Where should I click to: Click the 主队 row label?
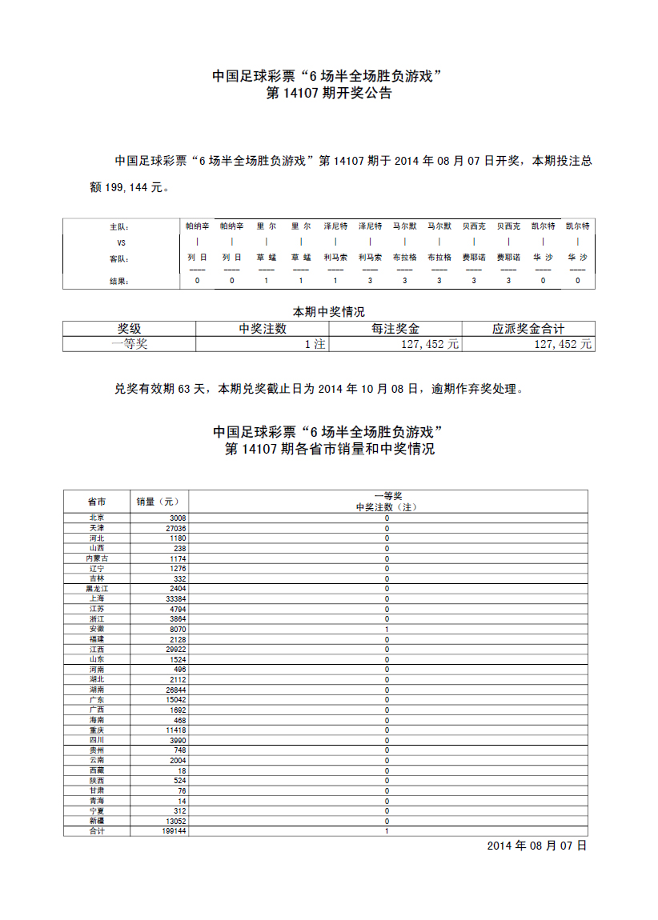[x=119, y=227]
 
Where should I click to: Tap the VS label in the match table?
[x=122, y=242]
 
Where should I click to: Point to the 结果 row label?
[x=119, y=281]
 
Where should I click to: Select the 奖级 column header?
[x=129, y=329]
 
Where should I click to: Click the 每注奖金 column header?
[x=395, y=329]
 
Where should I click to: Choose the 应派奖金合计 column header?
[x=528, y=329]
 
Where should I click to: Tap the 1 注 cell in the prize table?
[x=315, y=344]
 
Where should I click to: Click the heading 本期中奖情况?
[x=329, y=312]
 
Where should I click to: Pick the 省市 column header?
[x=96, y=502]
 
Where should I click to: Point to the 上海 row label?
[x=96, y=598]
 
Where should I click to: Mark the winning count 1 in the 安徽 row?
[x=387, y=629]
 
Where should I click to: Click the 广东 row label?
[x=96, y=700]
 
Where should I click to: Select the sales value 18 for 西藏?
[x=182, y=770]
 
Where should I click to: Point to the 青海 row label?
[x=96, y=801]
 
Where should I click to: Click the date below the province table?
[x=536, y=846]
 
